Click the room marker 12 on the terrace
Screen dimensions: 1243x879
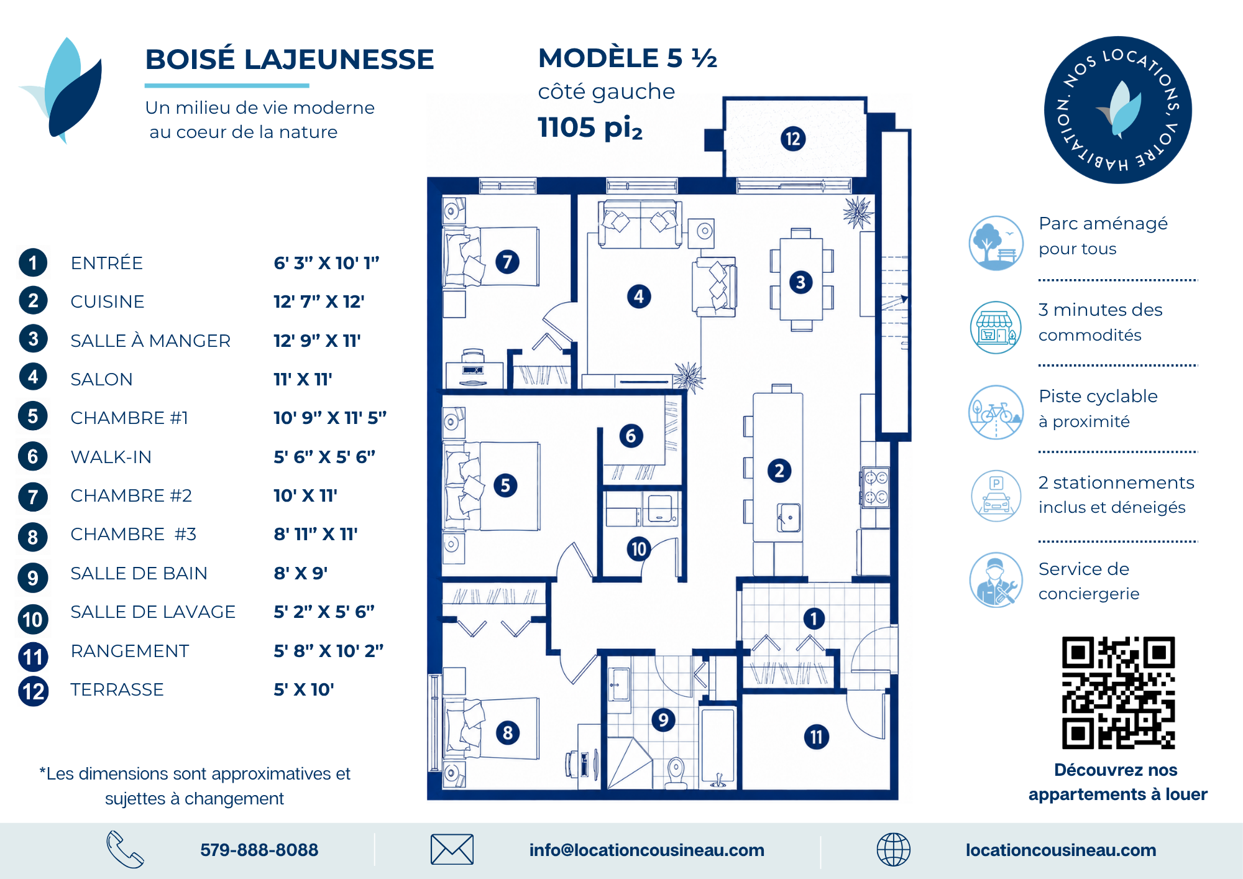(793, 139)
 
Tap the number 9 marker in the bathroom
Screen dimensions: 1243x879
(663, 720)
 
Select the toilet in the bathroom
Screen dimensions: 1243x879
(676, 773)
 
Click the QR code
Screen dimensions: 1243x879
(1118, 693)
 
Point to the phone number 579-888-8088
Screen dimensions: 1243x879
(259, 850)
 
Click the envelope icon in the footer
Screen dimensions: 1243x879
(452, 849)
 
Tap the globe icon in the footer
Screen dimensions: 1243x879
(893, 850)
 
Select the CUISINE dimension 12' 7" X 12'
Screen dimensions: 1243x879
(319, 301)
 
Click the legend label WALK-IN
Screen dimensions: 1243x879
(111, 457)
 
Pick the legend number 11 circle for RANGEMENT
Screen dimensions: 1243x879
(33, 657)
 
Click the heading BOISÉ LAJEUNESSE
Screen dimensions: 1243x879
(290, 60)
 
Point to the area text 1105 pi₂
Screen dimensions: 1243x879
(590, 127)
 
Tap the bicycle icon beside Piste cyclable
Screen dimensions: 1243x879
(996, 412)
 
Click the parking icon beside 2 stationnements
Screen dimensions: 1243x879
(996, 495)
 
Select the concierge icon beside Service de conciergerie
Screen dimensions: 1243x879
(996, 580)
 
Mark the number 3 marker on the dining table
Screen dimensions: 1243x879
(800, 282)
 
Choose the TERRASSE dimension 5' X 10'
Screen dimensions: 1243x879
(304, 689)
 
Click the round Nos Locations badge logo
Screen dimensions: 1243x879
(1117, 110)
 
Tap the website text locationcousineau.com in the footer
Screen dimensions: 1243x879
(1061, 850)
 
